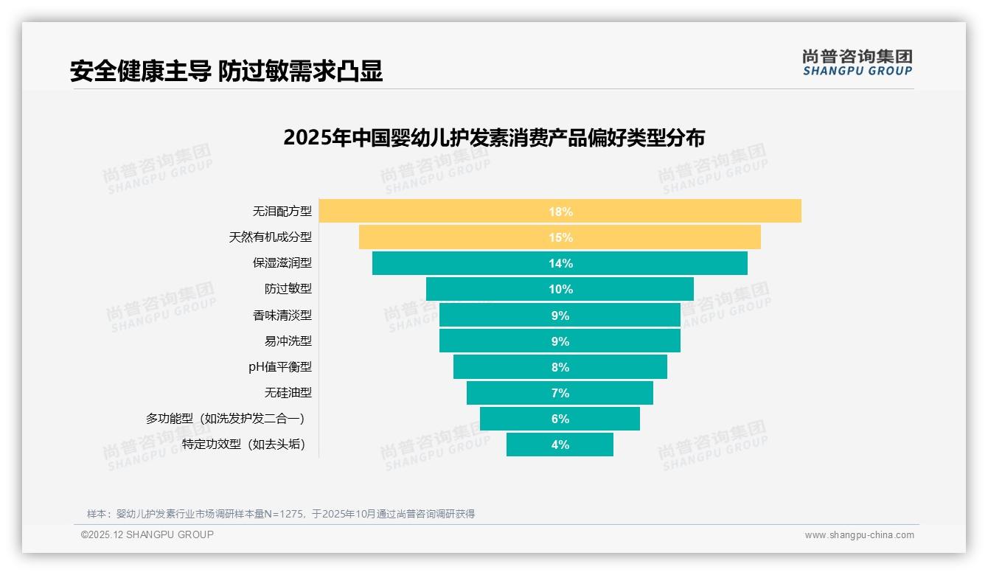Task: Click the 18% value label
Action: click(560, 212)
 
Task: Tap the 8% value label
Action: click(560, 367)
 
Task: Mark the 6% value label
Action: click(560, 419)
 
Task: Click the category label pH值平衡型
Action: click(280, 366)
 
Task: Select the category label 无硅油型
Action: click(288, 392)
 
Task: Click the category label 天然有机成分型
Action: click(271, 237)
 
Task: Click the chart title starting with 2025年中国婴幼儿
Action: click(494, 138)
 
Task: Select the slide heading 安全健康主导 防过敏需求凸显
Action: click(226, 71)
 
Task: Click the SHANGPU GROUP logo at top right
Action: click(857, 63)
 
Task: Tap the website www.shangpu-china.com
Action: click(859, 535)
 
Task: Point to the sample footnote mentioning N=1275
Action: click(281, 514)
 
